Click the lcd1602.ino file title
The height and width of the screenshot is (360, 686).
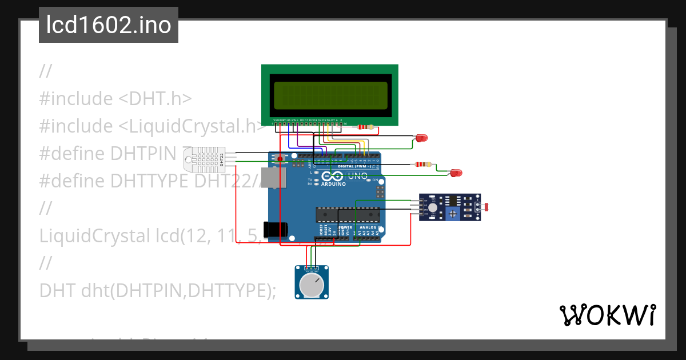tap(108, 25)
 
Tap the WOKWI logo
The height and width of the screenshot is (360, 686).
tap(607, 315)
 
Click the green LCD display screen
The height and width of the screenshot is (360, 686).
tap(330, 95)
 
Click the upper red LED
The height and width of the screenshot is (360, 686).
tap(421, 138)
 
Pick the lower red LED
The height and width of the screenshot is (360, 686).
tap(456, 173)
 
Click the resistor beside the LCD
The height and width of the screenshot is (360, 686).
tap(364, 127)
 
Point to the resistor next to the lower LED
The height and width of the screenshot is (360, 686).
tap(422, 165)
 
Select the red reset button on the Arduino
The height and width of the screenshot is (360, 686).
tap(280, 158)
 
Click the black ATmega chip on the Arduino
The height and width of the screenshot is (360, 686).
tap(348, 214)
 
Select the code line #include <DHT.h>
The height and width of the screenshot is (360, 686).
tap(115, 98)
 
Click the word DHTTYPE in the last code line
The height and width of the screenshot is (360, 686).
tap(226, 290)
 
